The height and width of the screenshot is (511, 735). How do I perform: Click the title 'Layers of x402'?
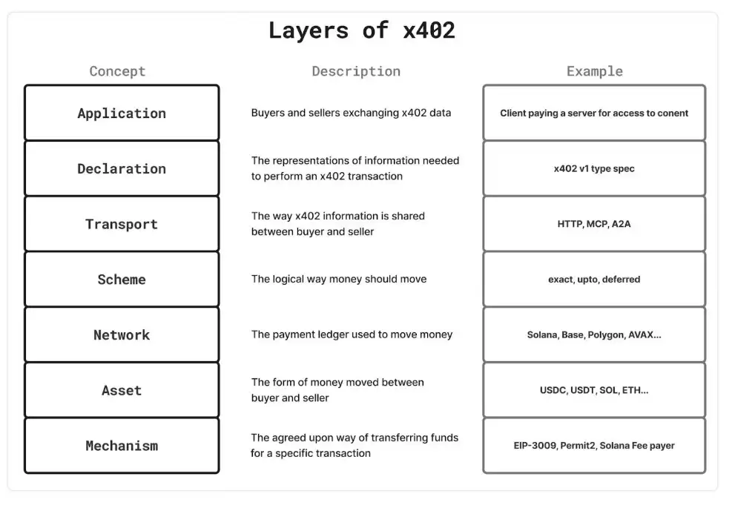pyautogui.click(x=361, y=30)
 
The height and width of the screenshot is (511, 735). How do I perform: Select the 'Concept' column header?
pyautogui.click(x=117, y=71)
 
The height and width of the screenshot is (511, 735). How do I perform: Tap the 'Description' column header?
pyautogui.click(x=355, y=71)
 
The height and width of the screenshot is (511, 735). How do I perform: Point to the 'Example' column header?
pyautogui.click(x=594, y=71)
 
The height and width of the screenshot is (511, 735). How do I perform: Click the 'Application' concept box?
pyautogui.click(x=122, y=113)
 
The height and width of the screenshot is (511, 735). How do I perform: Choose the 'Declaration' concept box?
pyautogui.click(x=122, y=168)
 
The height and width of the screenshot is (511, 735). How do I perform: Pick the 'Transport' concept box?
pyautogui.click(x=122, y=224)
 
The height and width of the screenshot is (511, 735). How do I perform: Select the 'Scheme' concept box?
pyautogui.click(x=122, y=280)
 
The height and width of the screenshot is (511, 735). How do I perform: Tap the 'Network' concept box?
pyautogui.click(x=122, y=335)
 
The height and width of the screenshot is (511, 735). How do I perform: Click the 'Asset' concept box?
pyautogui.click(x=122, y=390)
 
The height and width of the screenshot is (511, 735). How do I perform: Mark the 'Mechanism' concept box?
pyautogui.click(x=122, y=446)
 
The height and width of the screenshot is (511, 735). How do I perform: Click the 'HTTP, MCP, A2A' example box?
pyautogui.click(x=594, y=224)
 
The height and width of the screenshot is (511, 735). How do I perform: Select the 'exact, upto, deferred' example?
pyautogui.click(x=594, y=280)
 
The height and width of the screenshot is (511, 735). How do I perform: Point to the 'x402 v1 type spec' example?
pyautogui.click(x=594, y=168)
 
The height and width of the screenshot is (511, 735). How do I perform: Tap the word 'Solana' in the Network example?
pyautogui.click(x=542, y=335)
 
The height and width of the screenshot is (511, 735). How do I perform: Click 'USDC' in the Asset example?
pyautogui.click(x=553, y=390)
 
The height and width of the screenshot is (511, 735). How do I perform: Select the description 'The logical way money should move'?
pyautogui.click(x=339, y=280)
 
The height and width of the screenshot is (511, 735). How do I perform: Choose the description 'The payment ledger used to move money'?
pyautogui.click(x=352, y=335)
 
